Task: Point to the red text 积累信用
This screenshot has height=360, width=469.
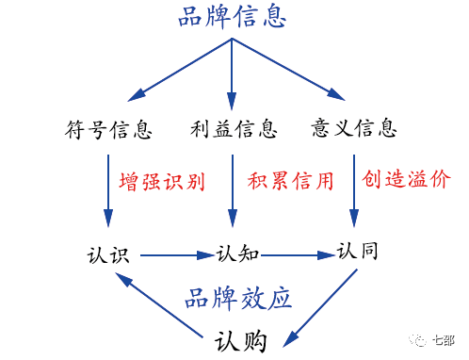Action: pyautogui.click(x=290, y=180)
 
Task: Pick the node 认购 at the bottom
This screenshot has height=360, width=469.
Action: pyautogui.click(x=241, y=339)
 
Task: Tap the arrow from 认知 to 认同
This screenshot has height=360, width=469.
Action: pyautogui.click(x=297, y=254)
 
